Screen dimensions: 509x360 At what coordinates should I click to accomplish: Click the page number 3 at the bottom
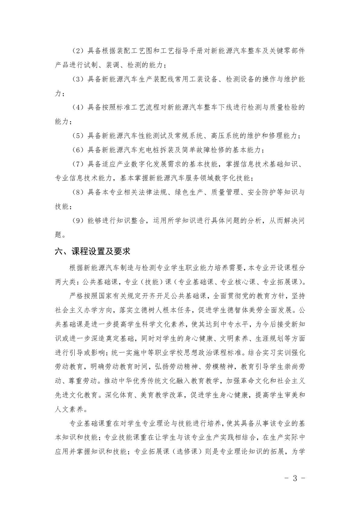pyautogui.click(x=295, y=478)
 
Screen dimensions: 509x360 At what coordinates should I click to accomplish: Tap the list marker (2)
pyautogui.click(x=78, y=51)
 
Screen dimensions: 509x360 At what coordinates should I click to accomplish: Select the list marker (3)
pyautogui.click(x=78, y=79)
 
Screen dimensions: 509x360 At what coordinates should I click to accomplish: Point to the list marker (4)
pyautogui.click(x=78, y=108)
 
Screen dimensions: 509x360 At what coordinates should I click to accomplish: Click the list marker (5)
pyautogui.click(x=78, y=136)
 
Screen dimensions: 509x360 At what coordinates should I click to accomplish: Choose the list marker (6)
pyautogui.click(x=78, y=150)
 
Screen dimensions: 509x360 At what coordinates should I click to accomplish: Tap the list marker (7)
pyautogui.click(x=78, y=164)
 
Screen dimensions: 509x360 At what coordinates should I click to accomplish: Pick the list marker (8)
pyautogui.click(x=78, y=193)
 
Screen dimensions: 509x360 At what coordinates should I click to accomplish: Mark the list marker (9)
pyautogui.click(x=78, y=221)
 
